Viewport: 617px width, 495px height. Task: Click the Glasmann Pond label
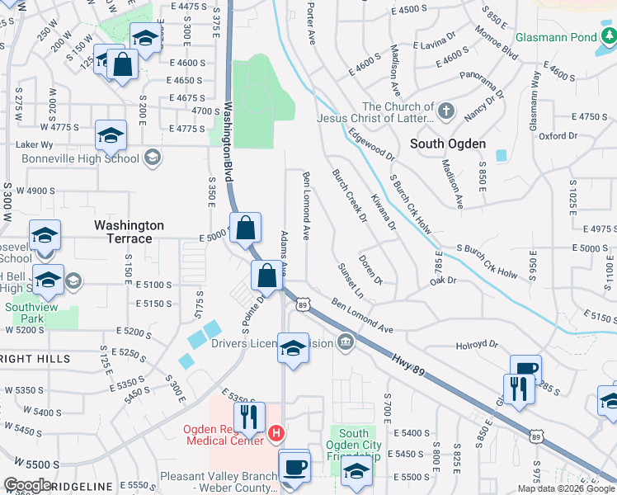tap(555, 38)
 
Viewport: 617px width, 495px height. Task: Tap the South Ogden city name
tap(448, 144)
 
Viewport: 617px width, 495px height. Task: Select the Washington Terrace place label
tap(129, 232)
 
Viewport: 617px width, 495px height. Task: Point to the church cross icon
tap(446, 111)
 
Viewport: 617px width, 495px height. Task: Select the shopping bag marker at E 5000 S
tap(247, 228)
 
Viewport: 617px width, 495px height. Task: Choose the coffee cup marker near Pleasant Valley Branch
tap(294, 466)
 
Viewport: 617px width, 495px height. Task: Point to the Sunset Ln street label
tap(351, 280)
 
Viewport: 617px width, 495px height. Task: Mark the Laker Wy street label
tap(34, 144)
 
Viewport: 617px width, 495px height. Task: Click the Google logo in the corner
tap(28, 485)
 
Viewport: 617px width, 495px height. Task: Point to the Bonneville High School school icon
tap(153, 158)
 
